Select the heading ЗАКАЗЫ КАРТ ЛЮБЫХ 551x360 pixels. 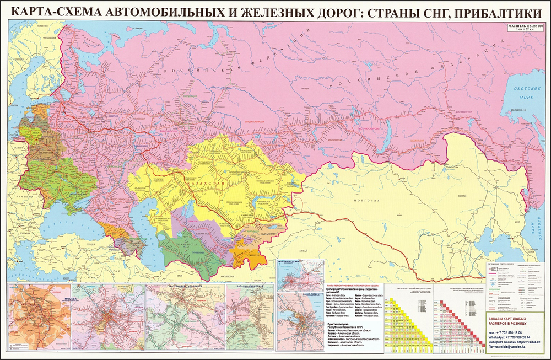[x=511, y=320]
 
